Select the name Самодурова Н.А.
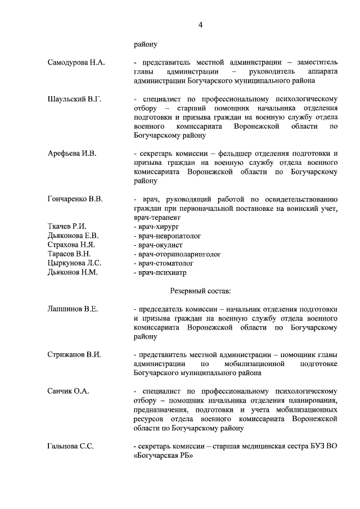click(x=76, y=62)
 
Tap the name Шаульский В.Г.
click(x=74, y=99)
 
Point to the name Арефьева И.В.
click(x=73, y=153)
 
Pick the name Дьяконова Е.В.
click(x=73, y=236)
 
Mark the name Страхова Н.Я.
click(x=71, y=245)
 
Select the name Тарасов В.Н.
click(x=70, y=254)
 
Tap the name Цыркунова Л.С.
click(x=74, y=263)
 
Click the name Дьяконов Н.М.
click(x=73, y=272)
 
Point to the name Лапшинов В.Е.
click(x=73, y=309)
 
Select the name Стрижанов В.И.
click(x=74, y=354)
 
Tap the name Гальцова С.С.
click(x=71, y=446)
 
